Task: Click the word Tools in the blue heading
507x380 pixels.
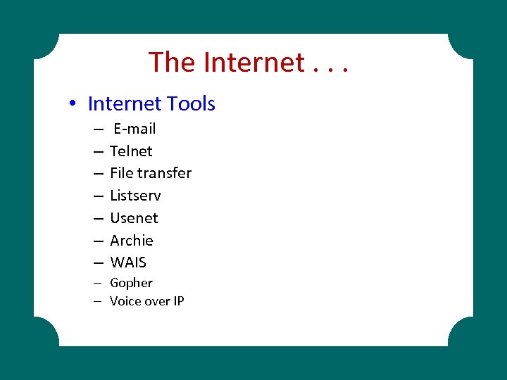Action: coord(192,104)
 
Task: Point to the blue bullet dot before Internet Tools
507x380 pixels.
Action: coord(73,104)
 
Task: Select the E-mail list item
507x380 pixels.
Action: coord(134,129)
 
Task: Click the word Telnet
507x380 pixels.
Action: coord(131,151)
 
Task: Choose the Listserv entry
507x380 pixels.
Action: coord(135,196)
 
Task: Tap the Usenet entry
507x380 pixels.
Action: coord(134,218)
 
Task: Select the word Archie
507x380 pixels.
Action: coord(131,241)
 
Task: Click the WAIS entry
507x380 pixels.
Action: coord(128,262)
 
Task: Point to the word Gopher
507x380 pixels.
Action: coord(131,283)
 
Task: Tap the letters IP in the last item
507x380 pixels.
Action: coord(178,301)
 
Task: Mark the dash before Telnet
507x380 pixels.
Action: coord(96,151)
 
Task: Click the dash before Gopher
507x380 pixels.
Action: coord(96,283)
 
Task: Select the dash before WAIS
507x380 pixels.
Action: coord(96,262)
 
